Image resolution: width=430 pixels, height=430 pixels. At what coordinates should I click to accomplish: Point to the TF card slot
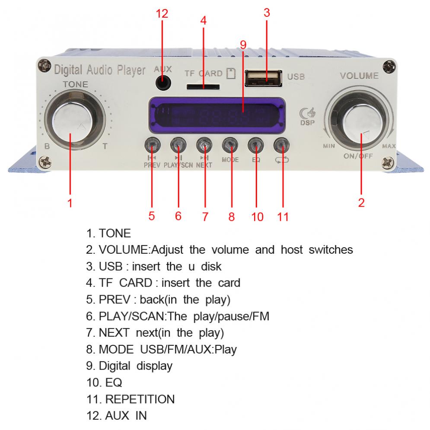click(x=203, y=87)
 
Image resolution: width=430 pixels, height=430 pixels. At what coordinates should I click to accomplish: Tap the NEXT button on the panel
click(x=204, y=144)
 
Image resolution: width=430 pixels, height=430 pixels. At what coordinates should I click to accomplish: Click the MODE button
click(x=230, y=144)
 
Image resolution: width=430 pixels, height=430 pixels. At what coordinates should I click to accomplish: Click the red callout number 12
click(x=162, y=14)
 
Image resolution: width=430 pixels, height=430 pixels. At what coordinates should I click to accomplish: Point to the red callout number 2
click(x=362, y=202)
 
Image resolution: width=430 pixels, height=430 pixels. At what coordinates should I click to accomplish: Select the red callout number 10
click(x=257, y=217)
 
